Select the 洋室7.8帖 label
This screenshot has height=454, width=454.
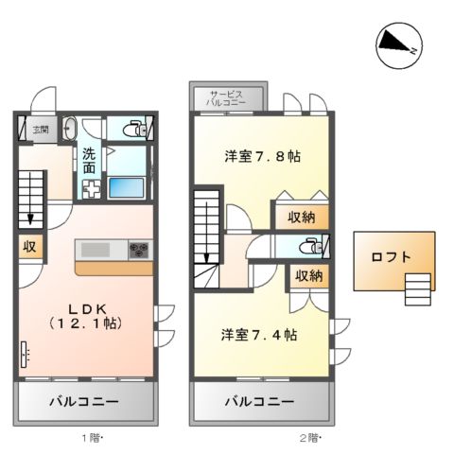262,156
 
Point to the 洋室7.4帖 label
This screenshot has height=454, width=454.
260,335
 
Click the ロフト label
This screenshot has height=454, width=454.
392,256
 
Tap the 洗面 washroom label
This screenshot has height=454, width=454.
89,160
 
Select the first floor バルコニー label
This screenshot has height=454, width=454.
84,401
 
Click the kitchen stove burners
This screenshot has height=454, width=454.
138,251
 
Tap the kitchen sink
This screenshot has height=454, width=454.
96,250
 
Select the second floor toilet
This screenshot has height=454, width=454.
308,246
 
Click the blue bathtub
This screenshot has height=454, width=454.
126,185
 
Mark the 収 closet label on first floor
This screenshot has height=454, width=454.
29,248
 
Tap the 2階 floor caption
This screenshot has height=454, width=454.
310,438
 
